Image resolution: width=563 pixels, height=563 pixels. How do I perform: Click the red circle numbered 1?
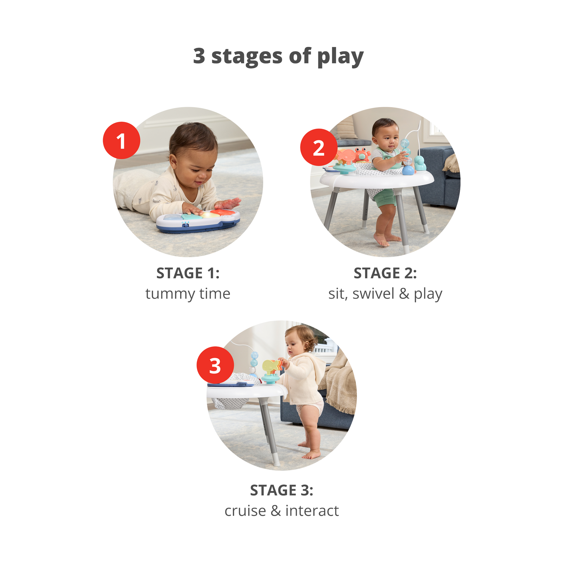click(x=121, y=140)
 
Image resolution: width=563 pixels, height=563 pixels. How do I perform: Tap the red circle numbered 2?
click(x=319, y=147)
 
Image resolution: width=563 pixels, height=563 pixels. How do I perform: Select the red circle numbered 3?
click(x=215, y=365)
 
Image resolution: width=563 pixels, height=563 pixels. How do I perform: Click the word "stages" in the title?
click(x=247, y=56)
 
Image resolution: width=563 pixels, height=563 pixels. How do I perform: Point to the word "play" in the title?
click(x=340, y=57)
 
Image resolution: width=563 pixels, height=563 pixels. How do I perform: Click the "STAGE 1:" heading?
click(x=188, y=273)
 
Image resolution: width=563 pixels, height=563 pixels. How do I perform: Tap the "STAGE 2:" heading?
click(x=385, y=273)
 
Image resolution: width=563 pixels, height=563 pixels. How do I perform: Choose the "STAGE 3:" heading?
click(x=282, y=490)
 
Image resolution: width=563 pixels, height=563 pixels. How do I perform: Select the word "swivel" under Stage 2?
click(x=373, y=294)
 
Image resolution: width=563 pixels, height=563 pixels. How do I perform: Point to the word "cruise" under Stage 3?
click(x=245, y=511)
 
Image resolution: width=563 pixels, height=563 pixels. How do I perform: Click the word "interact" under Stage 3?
click(x=312, y=511)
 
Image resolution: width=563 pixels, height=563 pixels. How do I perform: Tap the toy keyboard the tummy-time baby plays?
click(x=198, y=221)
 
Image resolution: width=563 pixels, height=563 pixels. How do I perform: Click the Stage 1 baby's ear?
click(x=173, y=161)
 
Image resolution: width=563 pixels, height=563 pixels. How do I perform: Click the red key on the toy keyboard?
click(x=223, y=212)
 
